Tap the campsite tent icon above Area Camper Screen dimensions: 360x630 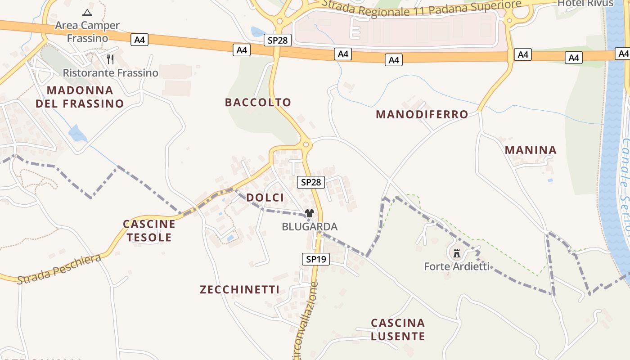tap(87, 13)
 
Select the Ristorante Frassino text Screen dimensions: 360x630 tap(111, 72)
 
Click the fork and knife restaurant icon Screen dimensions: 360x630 tap(110, 59)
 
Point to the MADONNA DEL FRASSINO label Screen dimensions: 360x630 tap(80, 97)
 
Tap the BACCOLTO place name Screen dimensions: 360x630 tap(258, 102)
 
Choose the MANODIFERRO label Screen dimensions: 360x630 tap(422, 114)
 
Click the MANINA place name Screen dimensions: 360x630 tap(531, 150)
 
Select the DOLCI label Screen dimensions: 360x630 tap(265, 198)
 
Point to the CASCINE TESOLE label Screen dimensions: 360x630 tap(149, 230)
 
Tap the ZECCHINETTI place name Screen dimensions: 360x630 tap(239, 289)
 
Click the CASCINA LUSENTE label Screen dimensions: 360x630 tap(398, 329)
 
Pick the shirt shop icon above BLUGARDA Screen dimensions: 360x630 tap(310, 213)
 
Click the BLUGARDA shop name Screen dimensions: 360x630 tap(310, 226)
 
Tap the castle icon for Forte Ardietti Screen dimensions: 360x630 tap(457, 253)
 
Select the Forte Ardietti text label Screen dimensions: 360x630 tap(457, 266)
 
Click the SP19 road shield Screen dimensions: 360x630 tap(315, 259)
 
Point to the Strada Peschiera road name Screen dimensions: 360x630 tap(59, 269)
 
